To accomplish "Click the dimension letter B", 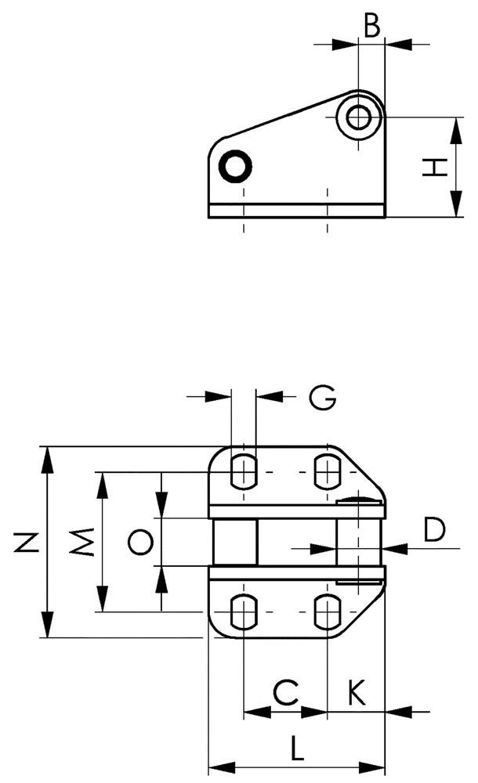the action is coord(371,26).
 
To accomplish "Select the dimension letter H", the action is coord(434,168).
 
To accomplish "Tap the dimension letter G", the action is coord(323,398).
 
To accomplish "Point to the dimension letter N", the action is coord(27,543).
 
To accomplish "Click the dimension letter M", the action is coord(82,542).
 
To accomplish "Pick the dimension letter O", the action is coord(140,543).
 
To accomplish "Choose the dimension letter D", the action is coord(434,529).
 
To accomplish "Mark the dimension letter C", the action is coord(286,693).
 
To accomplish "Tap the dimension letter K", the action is coord(357,693).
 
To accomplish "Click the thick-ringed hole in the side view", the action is coord(235,166).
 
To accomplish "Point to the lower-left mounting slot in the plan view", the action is coord(244,612).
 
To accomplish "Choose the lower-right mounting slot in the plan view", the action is coord(327,612).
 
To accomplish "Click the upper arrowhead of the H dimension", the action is coord(455,131).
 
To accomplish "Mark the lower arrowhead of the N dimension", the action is coord(48,624).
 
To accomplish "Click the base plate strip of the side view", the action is coord(296,211).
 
